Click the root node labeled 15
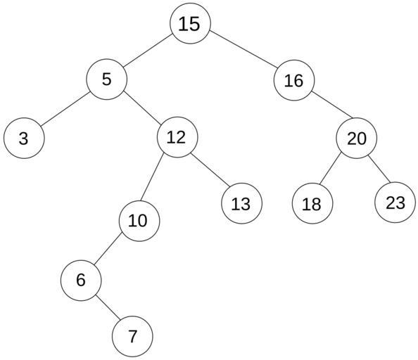190,23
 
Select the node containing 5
107,79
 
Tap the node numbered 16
294,80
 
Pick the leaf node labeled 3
24,139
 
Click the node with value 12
177,137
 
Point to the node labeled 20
357,139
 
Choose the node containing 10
139,221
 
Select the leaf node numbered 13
241,203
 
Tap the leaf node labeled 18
312,204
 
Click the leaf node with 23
395,202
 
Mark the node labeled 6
81,281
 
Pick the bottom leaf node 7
132,336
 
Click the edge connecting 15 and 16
243,49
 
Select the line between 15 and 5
147,50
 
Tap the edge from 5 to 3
65,109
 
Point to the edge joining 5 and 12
143,108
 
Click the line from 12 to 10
152,178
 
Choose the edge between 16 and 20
332,105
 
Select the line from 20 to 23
379,169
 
